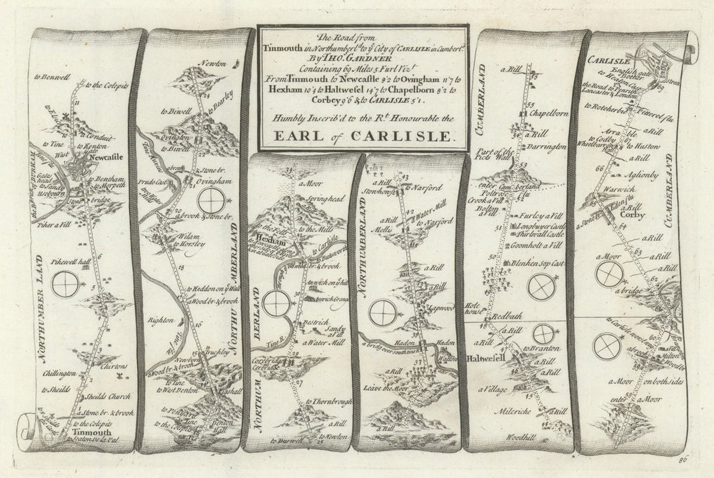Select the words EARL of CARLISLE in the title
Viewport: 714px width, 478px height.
[365, 136]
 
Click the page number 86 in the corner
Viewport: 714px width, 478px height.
[690, 463]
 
